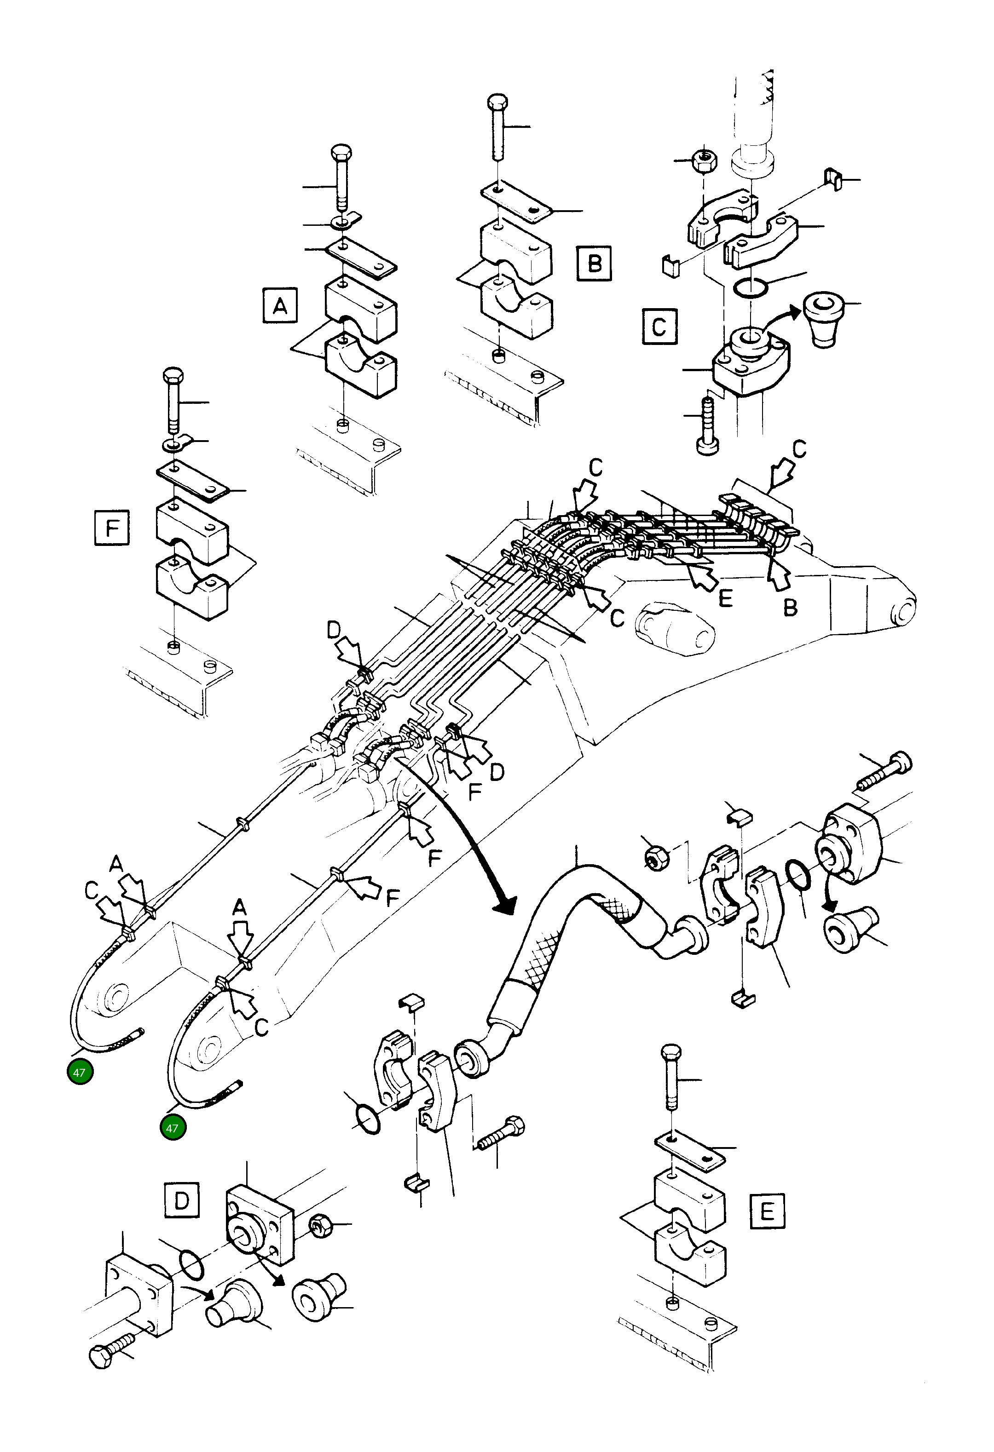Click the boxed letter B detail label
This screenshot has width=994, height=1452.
(x=594, y=263)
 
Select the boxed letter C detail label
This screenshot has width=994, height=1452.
(x=659, y=327)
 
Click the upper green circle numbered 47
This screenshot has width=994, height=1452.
(x=80, y=1073)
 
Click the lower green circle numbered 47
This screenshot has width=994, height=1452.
(x=173, y=1128)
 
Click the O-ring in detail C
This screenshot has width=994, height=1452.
(x=749, y=289)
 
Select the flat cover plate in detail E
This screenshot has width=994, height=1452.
(x=691, y=1150)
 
